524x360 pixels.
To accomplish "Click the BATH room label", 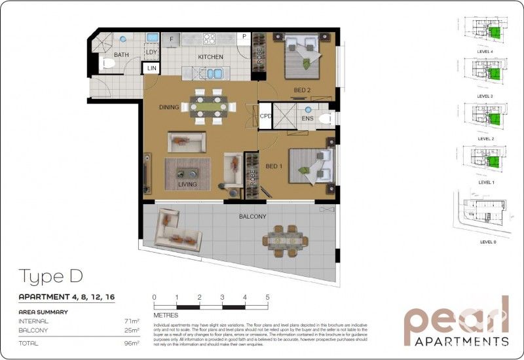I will pos(121,55).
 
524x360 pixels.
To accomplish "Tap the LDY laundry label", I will pos(152,52).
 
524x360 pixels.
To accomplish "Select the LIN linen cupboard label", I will pos(152,68).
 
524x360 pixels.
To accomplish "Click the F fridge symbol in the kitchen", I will pos(172,39).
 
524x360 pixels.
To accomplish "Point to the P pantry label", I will pos(244,37).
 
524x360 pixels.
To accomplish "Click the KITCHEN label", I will pos(211,57).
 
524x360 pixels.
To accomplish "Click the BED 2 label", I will pos(301,90).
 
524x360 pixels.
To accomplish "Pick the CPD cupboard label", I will pos(265,116).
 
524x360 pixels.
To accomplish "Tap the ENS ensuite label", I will pos(308,118).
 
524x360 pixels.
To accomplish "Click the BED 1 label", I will pos(272,166).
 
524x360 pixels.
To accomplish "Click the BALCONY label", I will pos(252,216).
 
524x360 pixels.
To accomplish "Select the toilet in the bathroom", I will pos(107,64).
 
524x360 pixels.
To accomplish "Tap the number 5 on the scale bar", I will pos(267,297).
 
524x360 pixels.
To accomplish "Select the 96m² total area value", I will pos(132,343).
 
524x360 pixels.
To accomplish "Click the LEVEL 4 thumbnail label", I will pos(485,51).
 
